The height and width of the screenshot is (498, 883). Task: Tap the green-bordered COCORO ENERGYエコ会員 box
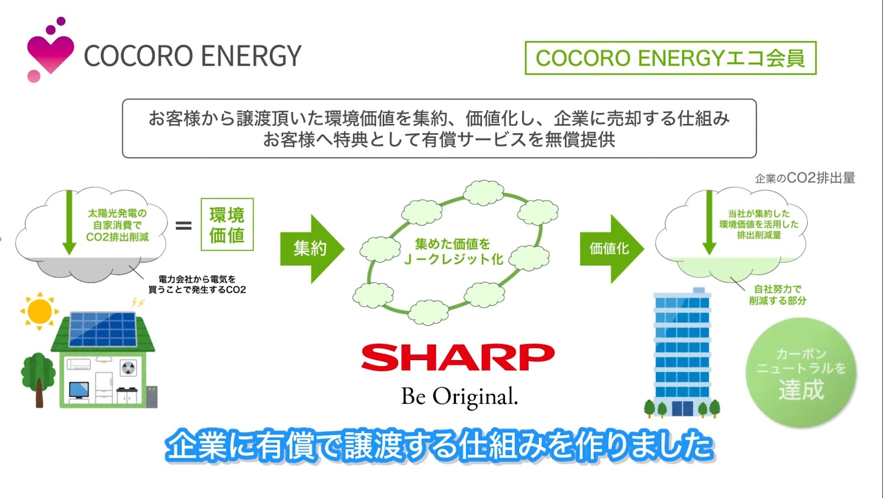[x=671, y=58]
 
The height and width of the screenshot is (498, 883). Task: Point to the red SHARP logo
[x=458, y=357]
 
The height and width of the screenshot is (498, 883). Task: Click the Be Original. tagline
[x=459, y=397]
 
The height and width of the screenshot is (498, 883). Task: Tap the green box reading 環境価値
[x=227, y=224]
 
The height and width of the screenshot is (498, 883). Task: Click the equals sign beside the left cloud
[x=184, y=226]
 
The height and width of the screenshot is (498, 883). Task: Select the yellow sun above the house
[x=39, y=311]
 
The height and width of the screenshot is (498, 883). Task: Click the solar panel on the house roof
[x=103, y=329]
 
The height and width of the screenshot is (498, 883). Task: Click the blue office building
[x=682, y=352]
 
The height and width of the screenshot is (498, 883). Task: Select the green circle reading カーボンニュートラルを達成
[x=801, y=372]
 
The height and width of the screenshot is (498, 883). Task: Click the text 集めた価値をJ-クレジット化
[x=453, y=252]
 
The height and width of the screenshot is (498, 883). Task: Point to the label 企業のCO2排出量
[x=805, y=178]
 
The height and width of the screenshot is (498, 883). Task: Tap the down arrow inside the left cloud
[x=70, y=222]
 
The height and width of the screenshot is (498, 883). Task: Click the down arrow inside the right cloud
[x=709, y=222]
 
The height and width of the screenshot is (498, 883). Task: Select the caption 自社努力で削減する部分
[x=778, y=294]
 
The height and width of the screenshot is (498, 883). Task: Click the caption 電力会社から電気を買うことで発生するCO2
[x=197, y=285]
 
